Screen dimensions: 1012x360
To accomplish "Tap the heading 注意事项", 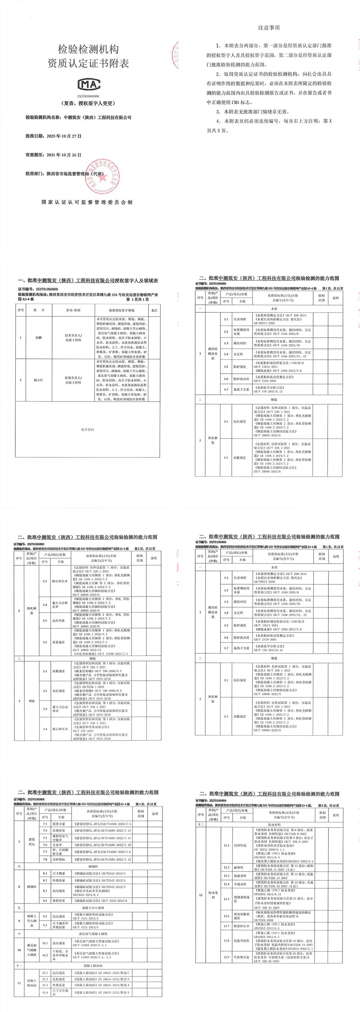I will (x=269, y=27).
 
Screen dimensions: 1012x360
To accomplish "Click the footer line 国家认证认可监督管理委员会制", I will (x=87, y=202).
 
